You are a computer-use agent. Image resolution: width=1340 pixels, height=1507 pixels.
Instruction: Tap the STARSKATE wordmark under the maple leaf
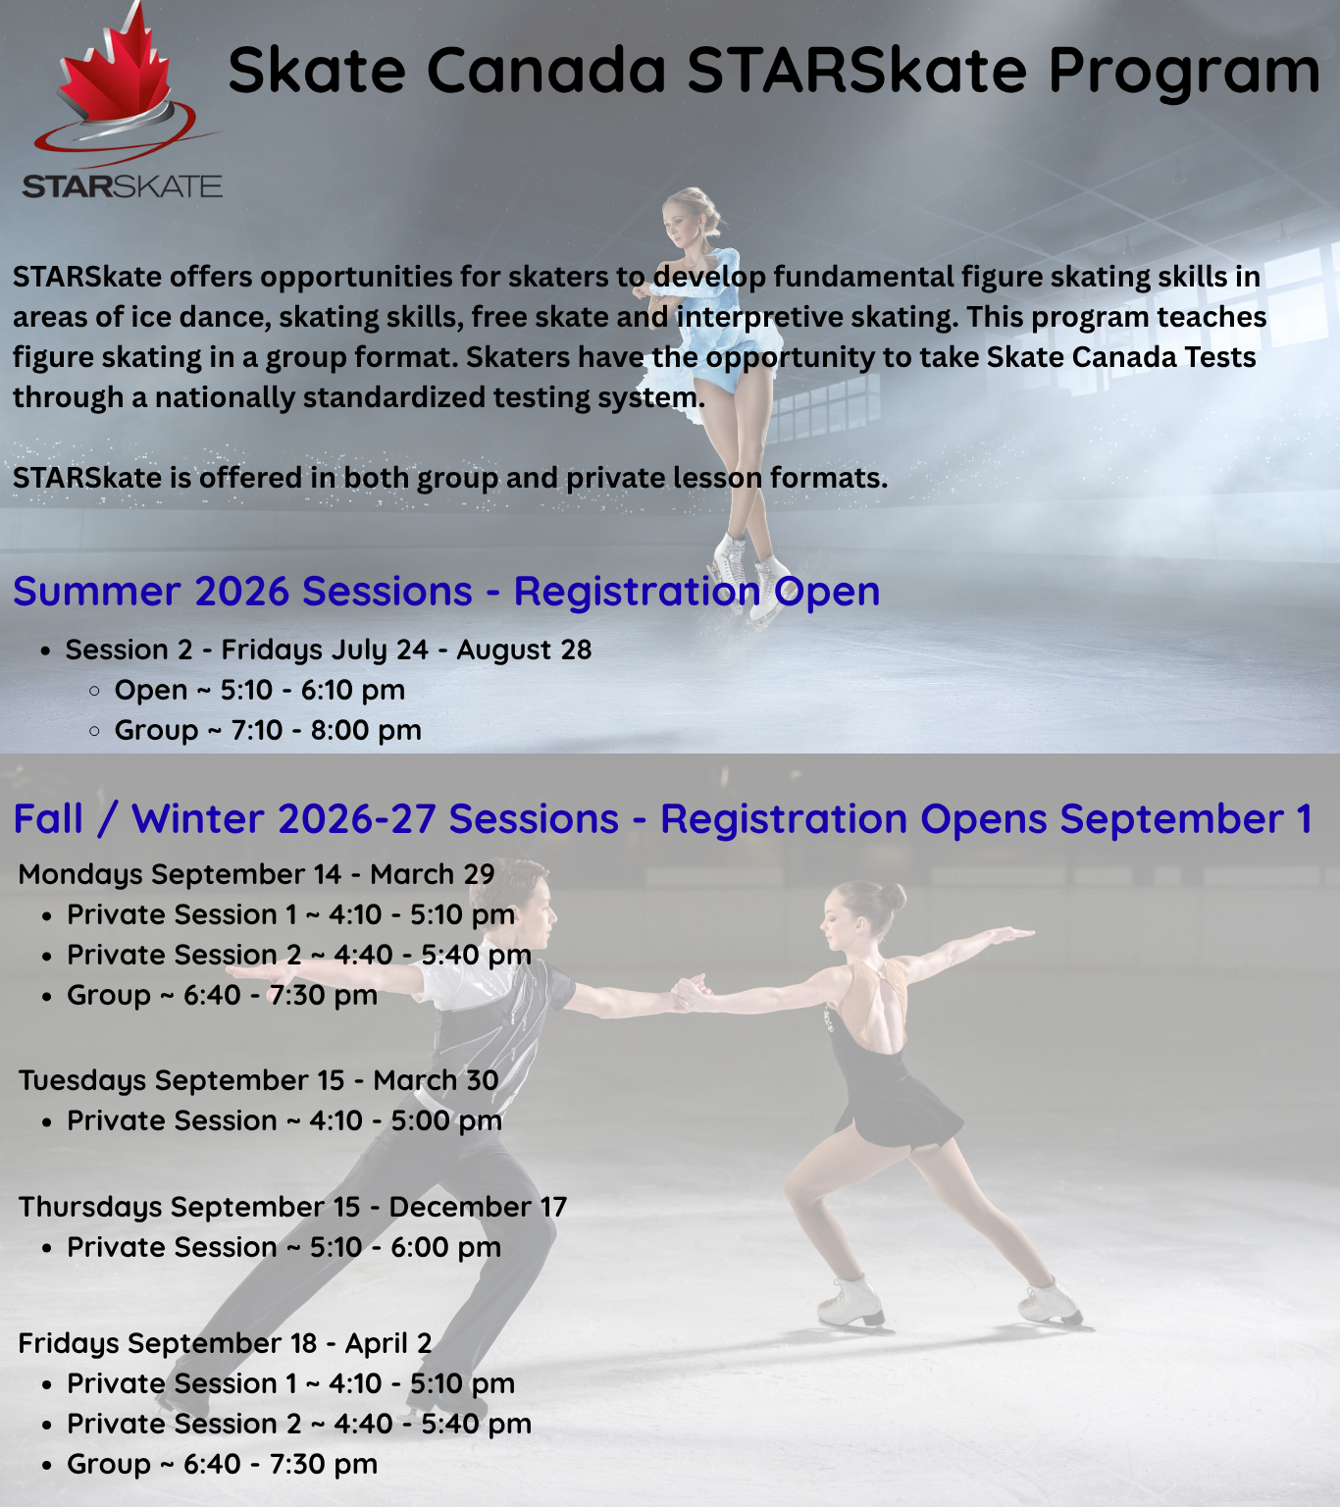pyautogui.click(x=122, y=186)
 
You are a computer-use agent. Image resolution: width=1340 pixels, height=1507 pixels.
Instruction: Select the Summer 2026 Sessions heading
pyautogui.click(x=446, y=592)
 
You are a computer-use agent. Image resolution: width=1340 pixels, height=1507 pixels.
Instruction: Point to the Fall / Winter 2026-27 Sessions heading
pyautogui.click(x=662, y=819)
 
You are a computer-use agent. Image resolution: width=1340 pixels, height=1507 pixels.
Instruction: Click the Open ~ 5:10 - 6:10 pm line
pyautogui.click(x=260, y=691)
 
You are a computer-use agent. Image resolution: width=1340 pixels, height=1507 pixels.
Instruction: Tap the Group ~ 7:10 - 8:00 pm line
pyautogui.click(x=268, y=730)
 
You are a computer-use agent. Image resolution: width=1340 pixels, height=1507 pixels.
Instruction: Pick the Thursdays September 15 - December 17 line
pyautogui.click(x=292, y=1207)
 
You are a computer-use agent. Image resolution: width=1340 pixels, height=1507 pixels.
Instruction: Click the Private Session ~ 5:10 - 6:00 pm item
pyautogui.click(x=284, y=1247)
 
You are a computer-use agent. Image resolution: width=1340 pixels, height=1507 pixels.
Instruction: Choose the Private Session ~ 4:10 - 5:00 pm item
pyautogui.click(x=284, y=1121)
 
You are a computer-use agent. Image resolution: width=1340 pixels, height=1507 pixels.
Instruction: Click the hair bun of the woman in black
pyautogui.click(x=894, y=897)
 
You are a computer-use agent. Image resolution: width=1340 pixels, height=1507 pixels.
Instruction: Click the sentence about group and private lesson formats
pyautogui.click(x=450, y=478)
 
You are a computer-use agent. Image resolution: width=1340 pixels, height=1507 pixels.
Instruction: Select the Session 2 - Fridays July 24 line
pyautogui.click(x=329, y=650)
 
